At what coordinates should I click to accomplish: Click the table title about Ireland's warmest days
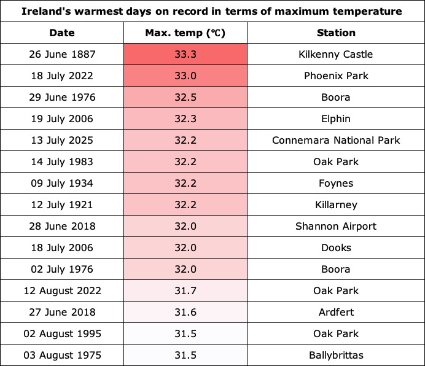coord(212,12)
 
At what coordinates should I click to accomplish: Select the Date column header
coord(62,33)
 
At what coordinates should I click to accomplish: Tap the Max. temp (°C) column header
coord(185,33)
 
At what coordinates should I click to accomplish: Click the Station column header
coord(336,33)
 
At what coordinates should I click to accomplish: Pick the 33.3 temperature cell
coord(185,54)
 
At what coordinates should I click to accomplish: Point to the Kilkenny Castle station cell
coord(336,54)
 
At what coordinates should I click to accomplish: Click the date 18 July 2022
coord(62,76)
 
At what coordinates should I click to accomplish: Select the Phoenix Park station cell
coord(336,76)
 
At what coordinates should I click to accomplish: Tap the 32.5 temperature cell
coord(185,97)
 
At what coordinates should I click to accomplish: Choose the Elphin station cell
coord(336,119)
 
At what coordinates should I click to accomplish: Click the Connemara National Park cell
coord(336,140)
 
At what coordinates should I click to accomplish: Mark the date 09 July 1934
coord(62,183)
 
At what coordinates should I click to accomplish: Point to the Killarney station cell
coord(336,204)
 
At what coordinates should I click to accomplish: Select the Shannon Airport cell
coord(336,226)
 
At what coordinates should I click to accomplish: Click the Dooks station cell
coord(336,247)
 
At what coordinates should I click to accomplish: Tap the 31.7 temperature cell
coord(185,290)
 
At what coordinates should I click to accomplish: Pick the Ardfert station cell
coord(336,312)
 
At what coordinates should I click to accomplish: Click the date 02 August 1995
coord(63,333)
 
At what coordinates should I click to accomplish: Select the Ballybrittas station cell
coord(336,355)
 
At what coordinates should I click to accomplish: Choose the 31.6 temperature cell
coord(185,312)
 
